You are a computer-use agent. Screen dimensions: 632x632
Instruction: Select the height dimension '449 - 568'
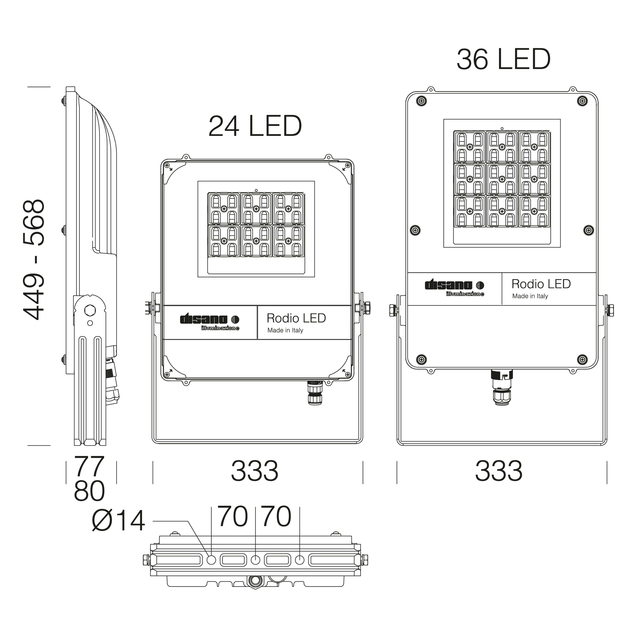(x=34, y=259)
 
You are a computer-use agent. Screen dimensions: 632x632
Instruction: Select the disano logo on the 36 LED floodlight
(x=454, y=288)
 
